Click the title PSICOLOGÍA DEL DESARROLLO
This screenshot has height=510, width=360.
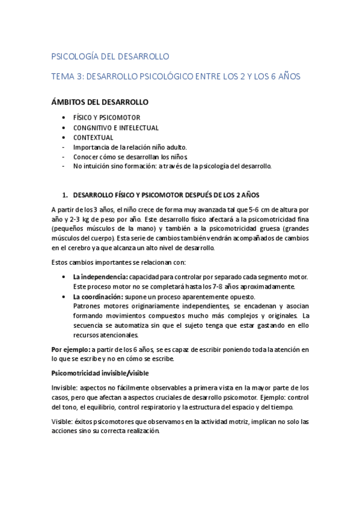(111, 57)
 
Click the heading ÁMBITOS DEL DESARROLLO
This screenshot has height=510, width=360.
(100, 102)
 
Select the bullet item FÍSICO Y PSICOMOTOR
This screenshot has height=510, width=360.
(106, 118)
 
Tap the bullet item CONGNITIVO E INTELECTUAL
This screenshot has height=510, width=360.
(115, 127)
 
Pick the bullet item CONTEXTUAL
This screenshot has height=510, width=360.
(93, 137)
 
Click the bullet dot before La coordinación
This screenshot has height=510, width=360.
(64, 296)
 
